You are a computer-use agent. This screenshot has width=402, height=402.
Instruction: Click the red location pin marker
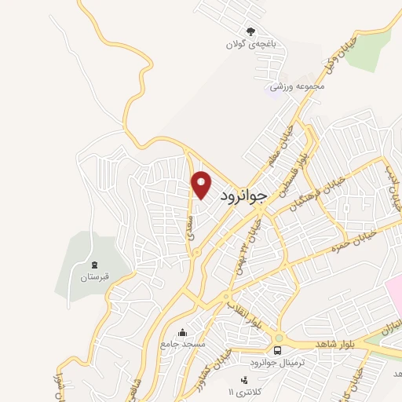[202, 185]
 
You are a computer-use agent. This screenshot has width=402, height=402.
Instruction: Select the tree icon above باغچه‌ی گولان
[251, 31]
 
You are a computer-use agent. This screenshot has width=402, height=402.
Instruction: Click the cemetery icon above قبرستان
[94, 265]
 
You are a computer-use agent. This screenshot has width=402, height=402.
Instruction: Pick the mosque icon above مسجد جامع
[183, 332]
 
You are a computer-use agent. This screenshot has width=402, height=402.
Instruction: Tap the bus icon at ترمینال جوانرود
[277, 349]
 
